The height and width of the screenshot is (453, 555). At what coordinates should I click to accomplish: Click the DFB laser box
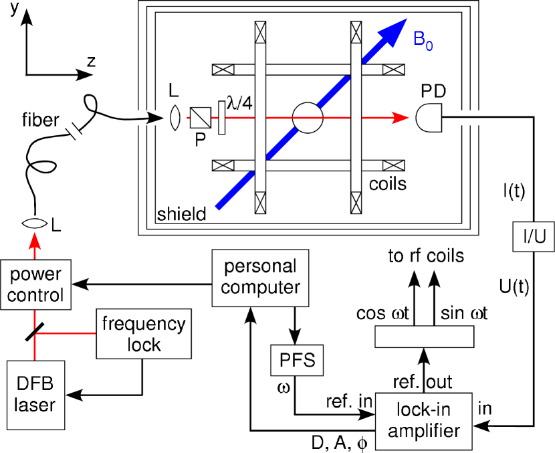click(x=35, y=395)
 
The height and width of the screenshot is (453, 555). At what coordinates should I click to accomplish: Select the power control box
click(x=35, y=285)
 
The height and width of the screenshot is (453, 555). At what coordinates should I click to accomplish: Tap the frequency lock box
click(x=144, y=334)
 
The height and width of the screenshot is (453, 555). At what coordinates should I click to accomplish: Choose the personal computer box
click(x=260, y=278)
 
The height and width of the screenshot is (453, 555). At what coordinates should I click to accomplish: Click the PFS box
click(x=297, y=361)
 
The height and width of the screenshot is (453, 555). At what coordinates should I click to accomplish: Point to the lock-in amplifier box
click(x=423, y=421)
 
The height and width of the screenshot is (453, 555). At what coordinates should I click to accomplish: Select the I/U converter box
click(x=534, y=237)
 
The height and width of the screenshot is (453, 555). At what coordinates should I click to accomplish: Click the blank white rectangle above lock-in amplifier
click(x=424, y=337)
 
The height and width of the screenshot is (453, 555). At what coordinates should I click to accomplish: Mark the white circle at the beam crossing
click(x=308, y=118)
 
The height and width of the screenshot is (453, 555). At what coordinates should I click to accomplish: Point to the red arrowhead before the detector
click(x=401, y=118)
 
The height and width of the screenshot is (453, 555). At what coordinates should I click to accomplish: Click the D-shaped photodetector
click(x=428, y=118)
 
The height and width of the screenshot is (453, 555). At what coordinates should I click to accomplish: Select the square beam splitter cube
click(x=200, y=118)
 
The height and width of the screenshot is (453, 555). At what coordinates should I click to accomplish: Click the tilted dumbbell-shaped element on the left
click(x=74, y=130)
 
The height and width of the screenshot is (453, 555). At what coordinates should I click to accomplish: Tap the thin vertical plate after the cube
click(x=221, y=118)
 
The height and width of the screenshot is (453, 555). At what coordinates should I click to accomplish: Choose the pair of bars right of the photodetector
click(x=468, y=118)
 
